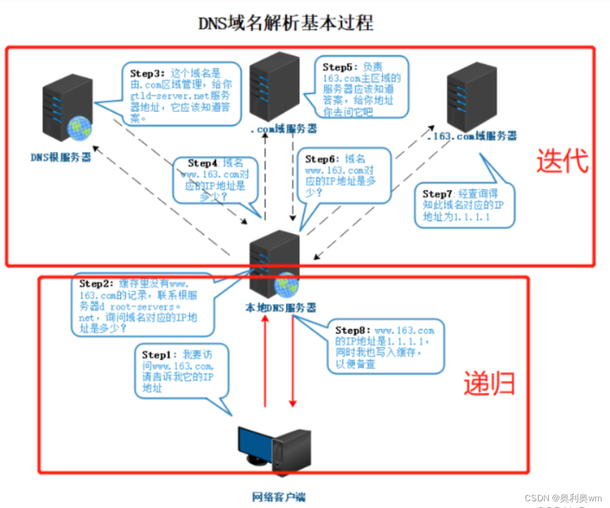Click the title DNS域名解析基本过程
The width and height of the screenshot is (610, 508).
286,23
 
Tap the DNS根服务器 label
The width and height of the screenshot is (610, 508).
61,157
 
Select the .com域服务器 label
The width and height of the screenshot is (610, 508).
284,129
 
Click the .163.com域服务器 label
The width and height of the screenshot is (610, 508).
471,136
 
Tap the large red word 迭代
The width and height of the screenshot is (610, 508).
562,161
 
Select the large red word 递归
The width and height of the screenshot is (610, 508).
489,383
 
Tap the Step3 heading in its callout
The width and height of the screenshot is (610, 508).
148,73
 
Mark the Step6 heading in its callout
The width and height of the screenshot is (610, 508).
323,159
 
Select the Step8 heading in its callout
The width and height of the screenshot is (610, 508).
353,330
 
